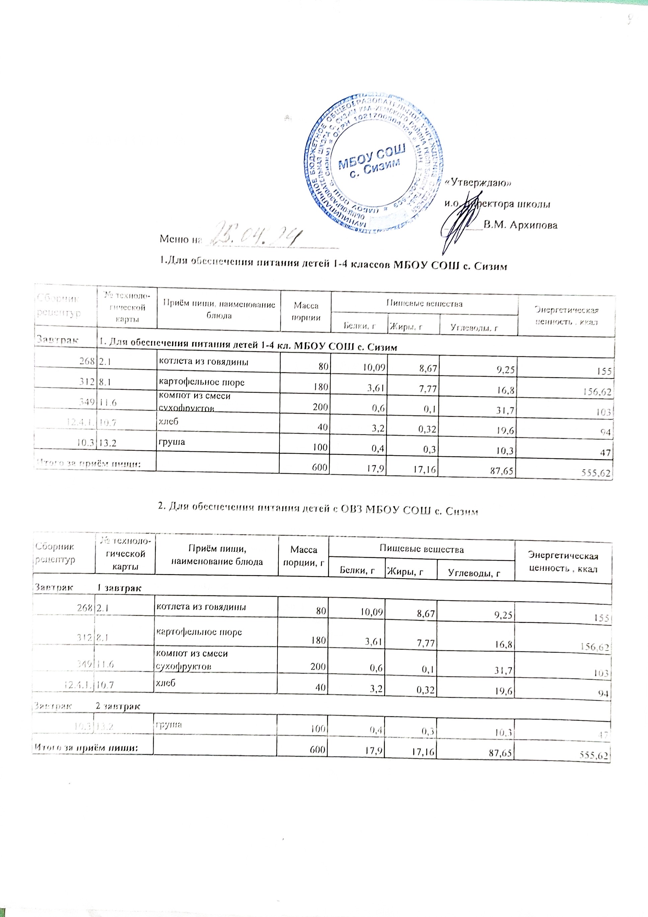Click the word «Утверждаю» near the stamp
(x=478, y=183)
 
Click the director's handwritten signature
(x=459, y=224)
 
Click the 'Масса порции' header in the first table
(x=306, y=311)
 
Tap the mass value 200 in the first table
(x=321, y=407)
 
